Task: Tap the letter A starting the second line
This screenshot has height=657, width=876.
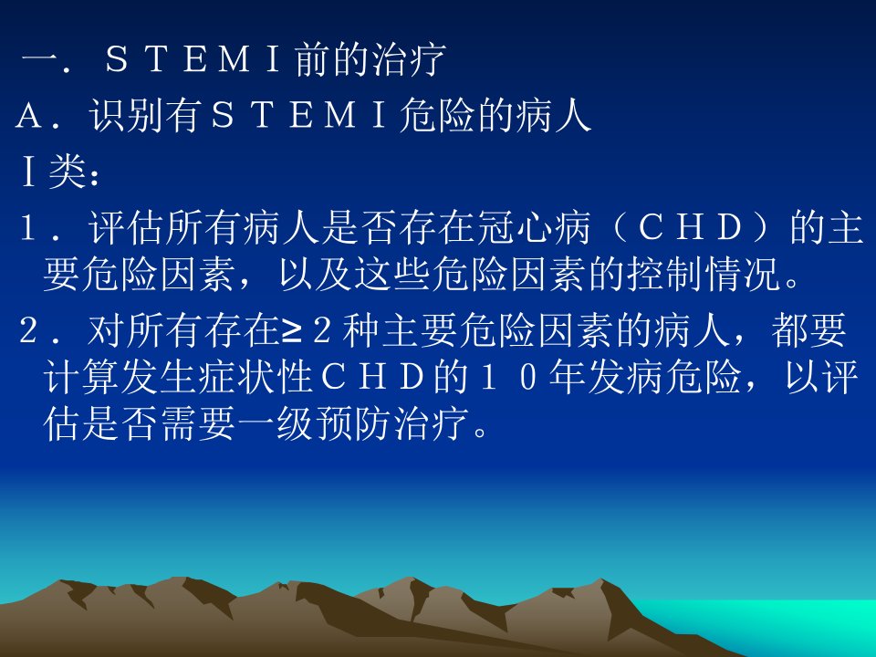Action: tap(29, 116)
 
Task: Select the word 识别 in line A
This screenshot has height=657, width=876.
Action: tap(126, 116)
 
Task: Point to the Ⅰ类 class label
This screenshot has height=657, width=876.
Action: tap(54, 172)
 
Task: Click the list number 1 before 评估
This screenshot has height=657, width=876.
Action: tap(29, 228)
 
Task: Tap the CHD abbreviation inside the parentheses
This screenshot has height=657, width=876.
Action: tap(690, 228)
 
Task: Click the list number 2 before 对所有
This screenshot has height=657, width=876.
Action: tap(29, 330)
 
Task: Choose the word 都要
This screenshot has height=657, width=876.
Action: tap(809, 330)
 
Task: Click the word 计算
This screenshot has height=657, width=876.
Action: tap(81, 378)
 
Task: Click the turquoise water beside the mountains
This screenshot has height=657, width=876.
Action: tap(782, 620)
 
